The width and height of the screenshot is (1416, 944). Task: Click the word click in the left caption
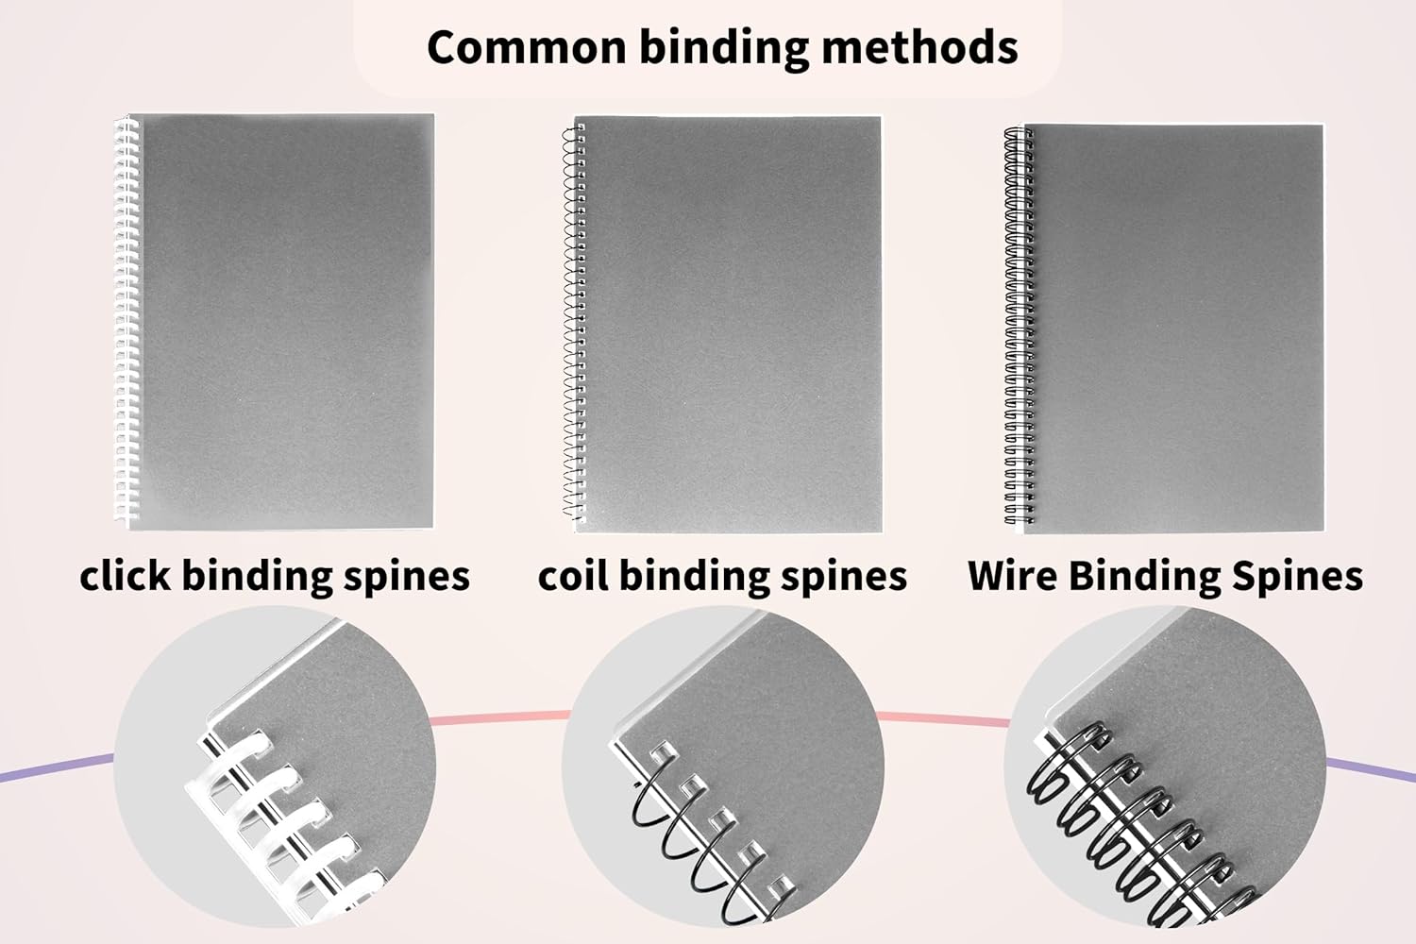tap(125, 576)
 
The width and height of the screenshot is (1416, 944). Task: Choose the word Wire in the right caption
tap(1012, 576)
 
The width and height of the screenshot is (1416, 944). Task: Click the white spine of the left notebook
tap(126, 321)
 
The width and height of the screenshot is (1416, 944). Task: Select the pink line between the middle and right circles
tap(944, 719)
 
